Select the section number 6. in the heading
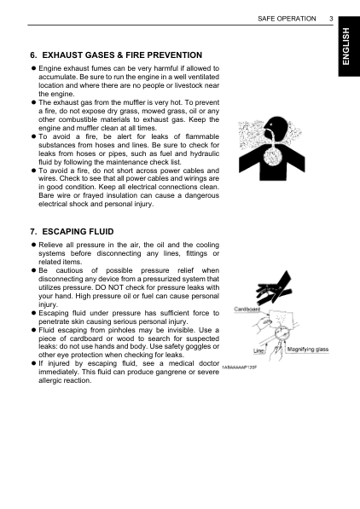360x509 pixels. click(34, 55)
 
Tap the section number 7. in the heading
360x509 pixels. click(34, 231)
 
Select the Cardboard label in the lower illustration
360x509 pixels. click(247, 309)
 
